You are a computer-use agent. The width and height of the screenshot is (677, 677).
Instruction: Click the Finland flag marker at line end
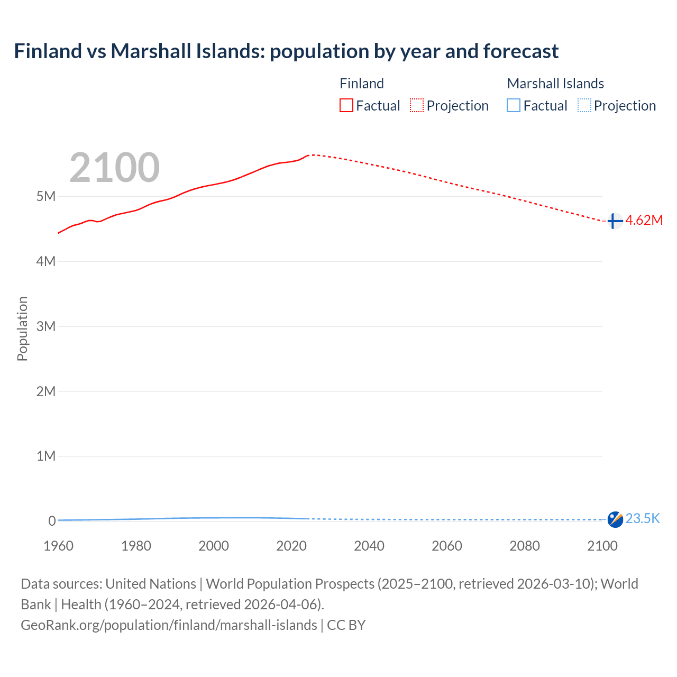[614, 221]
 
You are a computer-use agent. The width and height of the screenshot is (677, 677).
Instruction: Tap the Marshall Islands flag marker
[615, 519]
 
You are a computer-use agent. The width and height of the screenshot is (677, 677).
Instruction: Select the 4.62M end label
[644, 221]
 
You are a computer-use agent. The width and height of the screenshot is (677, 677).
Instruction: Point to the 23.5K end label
[643, 518]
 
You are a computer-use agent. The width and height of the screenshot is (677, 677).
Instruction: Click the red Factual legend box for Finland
[346, 106]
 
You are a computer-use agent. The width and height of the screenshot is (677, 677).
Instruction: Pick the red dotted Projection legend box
[417, 106]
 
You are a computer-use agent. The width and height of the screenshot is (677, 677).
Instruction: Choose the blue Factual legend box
[514, 106]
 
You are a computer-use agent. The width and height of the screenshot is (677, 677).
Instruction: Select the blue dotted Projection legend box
[584, 106]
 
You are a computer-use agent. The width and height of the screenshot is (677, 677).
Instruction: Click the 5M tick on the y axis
[46, 197]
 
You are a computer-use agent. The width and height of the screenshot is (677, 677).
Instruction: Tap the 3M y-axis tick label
[46, 326]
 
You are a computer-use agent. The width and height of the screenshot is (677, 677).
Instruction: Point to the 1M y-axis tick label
[46, 456]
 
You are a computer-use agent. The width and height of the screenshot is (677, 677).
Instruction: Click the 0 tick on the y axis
[52, 521]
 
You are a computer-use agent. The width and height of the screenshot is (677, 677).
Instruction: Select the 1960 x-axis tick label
[58, 546]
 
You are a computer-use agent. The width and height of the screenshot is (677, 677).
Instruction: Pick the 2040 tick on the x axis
[369, 546]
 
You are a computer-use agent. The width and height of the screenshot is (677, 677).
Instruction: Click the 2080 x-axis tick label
[525, 546]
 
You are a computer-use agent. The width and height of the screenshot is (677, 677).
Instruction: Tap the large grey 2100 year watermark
[114, 168]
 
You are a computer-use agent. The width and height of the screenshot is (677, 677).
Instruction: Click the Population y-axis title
[22, 328]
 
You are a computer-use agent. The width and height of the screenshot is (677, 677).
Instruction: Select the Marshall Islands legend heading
[555, 84]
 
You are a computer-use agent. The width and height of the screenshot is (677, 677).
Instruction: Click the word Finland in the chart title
[48, 51]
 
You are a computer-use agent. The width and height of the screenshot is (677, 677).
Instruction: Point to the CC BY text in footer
[346, 625]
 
